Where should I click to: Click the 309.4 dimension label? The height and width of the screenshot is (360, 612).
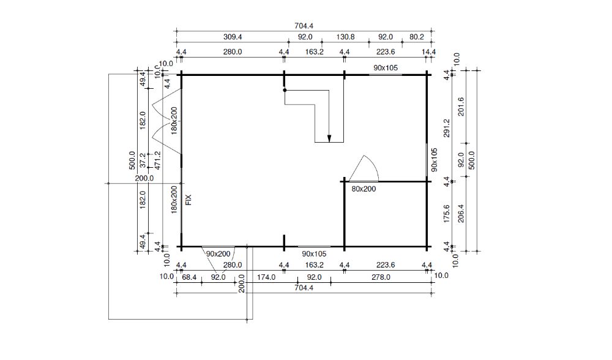pos(233,37)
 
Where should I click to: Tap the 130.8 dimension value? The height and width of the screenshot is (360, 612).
pos(345,37)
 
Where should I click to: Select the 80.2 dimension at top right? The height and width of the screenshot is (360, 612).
pos(416,37)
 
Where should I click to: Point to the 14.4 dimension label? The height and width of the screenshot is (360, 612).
pos(428,51)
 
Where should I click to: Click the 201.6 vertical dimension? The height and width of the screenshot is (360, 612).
pos(461,107)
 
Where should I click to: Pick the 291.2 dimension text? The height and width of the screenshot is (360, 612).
pos(447,128)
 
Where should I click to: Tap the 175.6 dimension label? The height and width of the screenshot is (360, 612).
pos(447,214)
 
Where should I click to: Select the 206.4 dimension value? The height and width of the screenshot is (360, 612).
pos(461,214)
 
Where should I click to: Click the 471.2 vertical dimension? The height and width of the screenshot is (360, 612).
pos(158,160)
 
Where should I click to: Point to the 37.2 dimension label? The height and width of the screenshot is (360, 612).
pos(143,160)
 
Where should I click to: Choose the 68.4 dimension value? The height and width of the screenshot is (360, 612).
pos(189,277)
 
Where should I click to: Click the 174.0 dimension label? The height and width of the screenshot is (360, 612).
pos(266,277)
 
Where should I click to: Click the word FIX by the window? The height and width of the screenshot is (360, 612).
pos(188,200)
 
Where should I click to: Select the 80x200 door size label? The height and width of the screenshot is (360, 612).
pos(364,189)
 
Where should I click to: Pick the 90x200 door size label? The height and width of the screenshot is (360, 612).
pos(218,254)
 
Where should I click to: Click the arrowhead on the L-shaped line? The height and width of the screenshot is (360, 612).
pos(329,138)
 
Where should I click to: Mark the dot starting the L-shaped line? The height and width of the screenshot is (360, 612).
pos(285,90)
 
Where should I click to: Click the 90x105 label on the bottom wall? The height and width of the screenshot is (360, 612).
pos(314,254)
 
